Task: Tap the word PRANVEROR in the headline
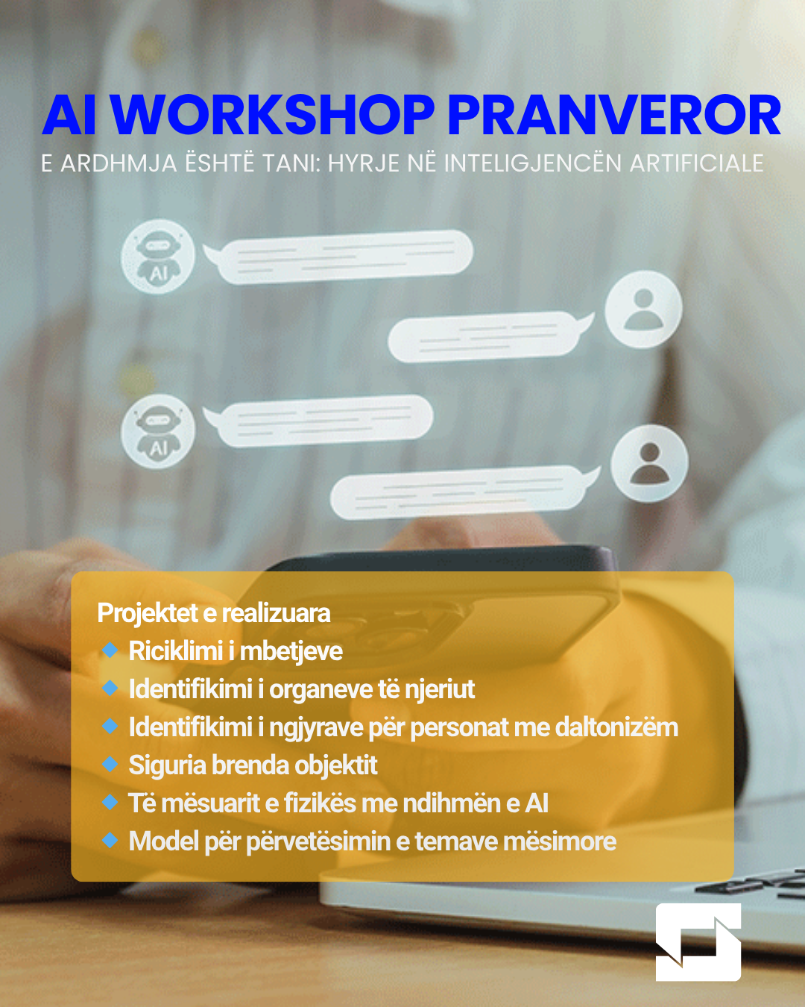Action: pyautogui.click(x=613, y=116)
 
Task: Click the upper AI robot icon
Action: pyautogui.click(x=158, y=257)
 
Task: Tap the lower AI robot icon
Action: pyautogui.click(x=158, y=432)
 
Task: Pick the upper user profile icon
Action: pyautogui.click(x=643, y=309)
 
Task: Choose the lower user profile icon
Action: pyautogui.click(x=649, y=463)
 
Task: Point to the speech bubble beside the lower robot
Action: pyautogui.click(x=321, y=421)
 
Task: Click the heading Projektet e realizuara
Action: pyautogui.click(x=214, y=613)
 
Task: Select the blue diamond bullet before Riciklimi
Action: pyautogui.click(x=110, y=650)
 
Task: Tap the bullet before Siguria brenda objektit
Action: pyautogui.click(x=110, y=765)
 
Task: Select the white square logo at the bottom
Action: pyautogui.click(x=698, y=942)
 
